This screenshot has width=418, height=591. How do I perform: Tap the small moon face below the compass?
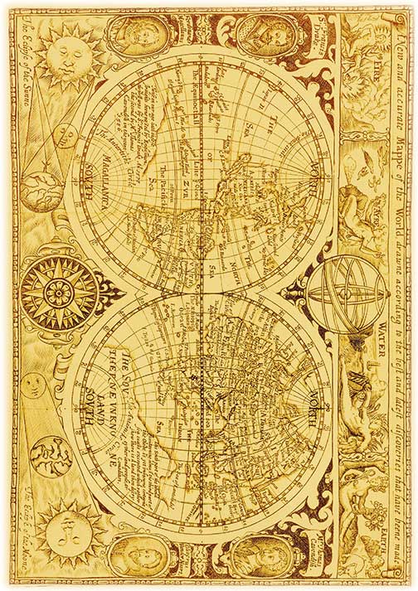33,384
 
